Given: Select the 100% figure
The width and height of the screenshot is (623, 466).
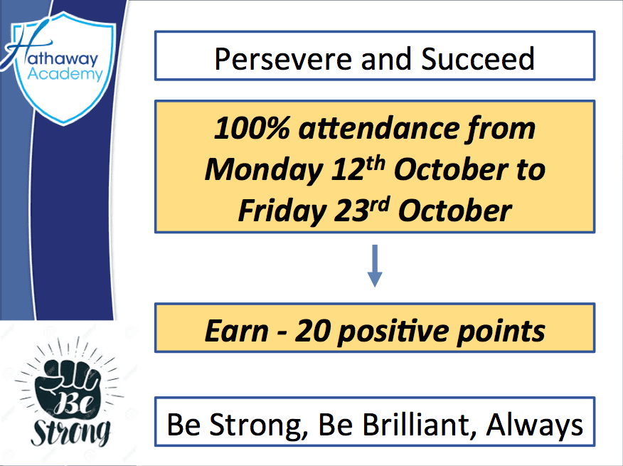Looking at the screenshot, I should coord(246,129).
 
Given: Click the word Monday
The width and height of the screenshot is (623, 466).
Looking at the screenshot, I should coord(261,170).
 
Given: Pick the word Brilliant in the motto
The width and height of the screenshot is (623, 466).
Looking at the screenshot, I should coord(398,425).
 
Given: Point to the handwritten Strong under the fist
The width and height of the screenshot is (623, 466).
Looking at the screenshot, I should coord(68,430).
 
